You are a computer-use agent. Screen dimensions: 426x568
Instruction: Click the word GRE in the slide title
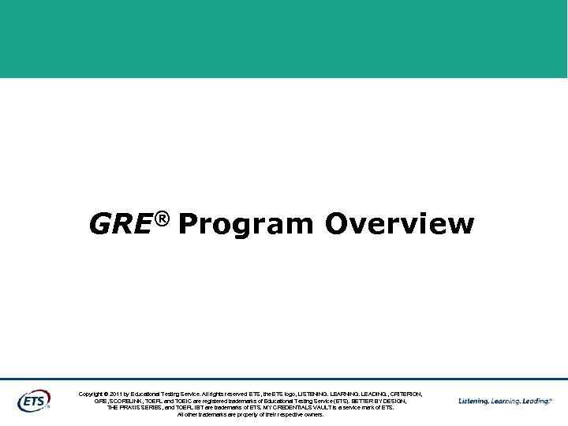(119, 224)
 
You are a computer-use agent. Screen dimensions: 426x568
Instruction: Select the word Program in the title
(245, 225)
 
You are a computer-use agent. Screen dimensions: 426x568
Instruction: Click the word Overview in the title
(399, 224)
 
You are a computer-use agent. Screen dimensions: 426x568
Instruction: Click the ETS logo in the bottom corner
(33, 401)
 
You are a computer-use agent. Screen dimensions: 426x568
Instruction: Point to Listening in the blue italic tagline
(473, 402)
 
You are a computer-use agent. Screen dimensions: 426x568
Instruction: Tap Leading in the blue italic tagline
(536, 402)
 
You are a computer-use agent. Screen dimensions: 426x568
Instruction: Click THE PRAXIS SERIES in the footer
(135, 408)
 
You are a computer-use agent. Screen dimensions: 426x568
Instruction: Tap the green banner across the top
(284, 39)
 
